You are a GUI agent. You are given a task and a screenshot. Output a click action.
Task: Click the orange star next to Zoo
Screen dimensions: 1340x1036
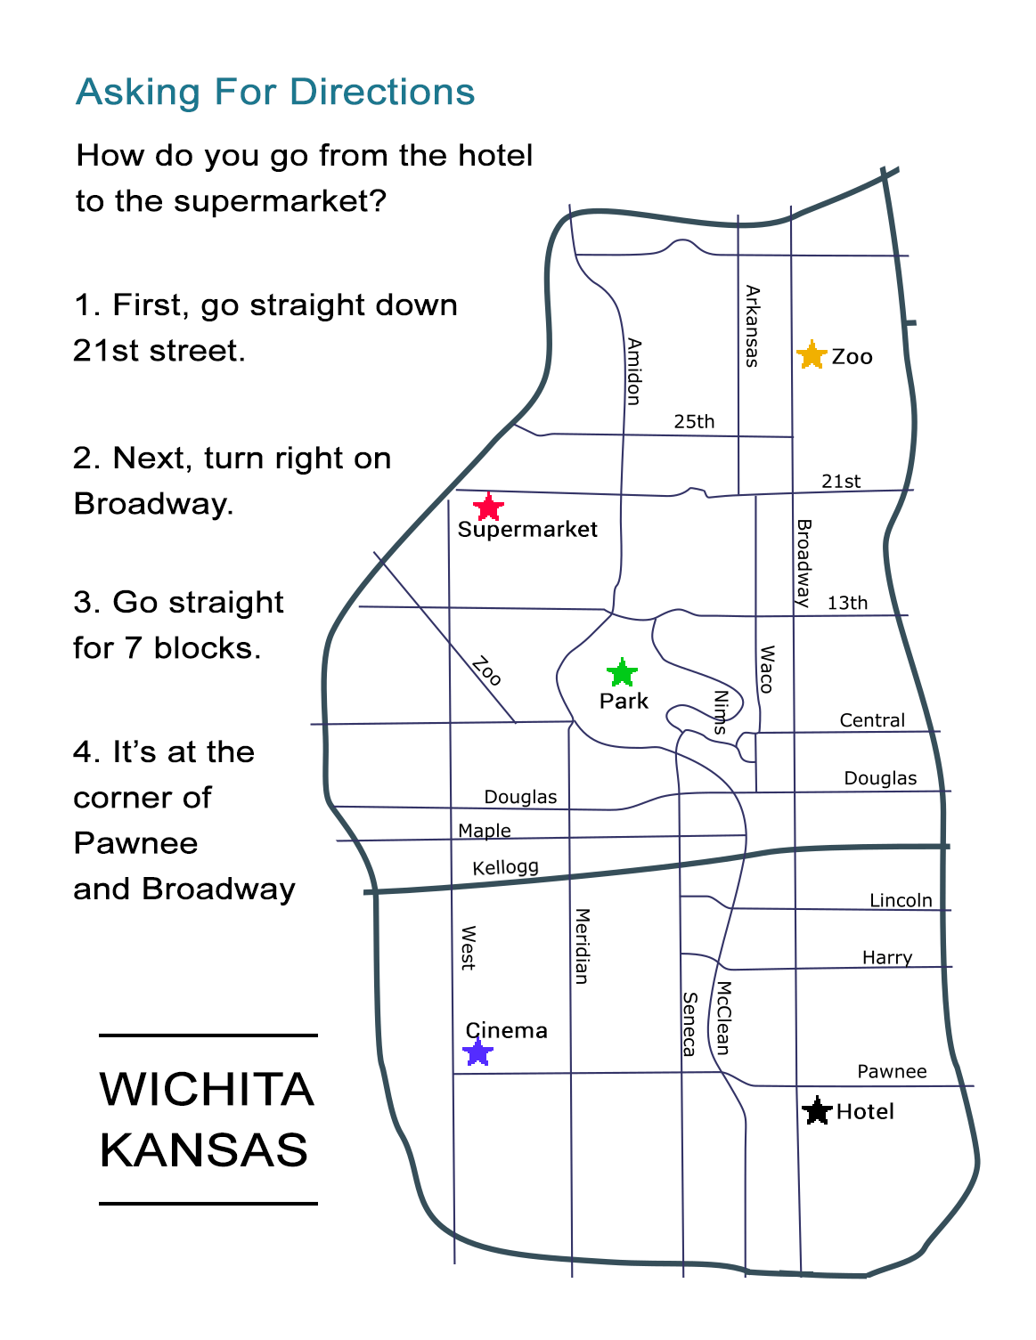point(812,354)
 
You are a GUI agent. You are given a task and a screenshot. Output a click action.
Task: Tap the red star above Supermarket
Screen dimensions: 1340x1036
point(488,508)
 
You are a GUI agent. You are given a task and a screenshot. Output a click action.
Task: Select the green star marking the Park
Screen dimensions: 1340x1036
point(622,672)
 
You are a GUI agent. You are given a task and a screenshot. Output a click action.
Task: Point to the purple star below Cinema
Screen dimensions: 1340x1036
point(478,1052)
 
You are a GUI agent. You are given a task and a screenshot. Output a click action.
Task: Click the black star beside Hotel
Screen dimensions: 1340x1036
point(817,1110)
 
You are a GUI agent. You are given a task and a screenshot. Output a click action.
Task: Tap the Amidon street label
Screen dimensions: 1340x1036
point(633,371)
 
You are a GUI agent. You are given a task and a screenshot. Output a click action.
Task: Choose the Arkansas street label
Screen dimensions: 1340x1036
point(752,326)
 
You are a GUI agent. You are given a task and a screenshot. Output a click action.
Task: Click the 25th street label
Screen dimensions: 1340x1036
point(694,422)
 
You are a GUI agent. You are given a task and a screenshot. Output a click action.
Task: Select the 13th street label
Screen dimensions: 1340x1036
point(847,603)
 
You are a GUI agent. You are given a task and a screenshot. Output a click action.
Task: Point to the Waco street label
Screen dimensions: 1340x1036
point(766,670)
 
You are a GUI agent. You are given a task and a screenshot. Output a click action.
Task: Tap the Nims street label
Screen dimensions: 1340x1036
point(721,711)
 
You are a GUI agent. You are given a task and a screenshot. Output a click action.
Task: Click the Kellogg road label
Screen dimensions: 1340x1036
point(505,867)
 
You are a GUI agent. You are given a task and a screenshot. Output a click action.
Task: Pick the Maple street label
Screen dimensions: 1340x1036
point(485,831)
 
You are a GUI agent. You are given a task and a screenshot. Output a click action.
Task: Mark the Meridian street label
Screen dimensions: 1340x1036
point(582,946)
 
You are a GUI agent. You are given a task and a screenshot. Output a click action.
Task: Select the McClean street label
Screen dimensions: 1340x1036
point(723,1018)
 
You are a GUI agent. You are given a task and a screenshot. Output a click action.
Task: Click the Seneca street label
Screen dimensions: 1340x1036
point(689,1024)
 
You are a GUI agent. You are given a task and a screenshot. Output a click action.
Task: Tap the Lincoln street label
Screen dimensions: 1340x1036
point(901,900)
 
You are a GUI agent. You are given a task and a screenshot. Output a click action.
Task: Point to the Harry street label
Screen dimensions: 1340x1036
point(887,957)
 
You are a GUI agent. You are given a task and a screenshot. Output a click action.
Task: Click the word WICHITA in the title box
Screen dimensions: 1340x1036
point(207,1089)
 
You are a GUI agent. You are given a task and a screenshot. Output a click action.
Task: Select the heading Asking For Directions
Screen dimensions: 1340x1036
point(275,92)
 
